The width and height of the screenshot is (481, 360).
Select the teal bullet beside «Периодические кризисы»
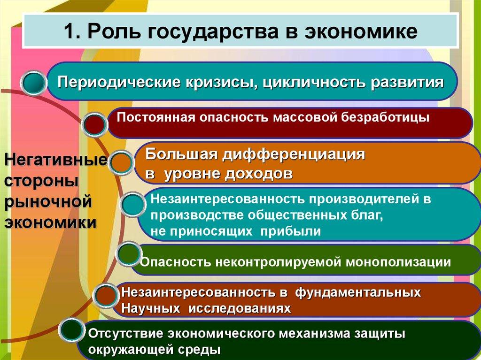(34, 83)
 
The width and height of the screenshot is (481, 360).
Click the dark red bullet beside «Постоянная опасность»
(94, 125)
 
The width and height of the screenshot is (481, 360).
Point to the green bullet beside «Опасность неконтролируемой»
(127, 254)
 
